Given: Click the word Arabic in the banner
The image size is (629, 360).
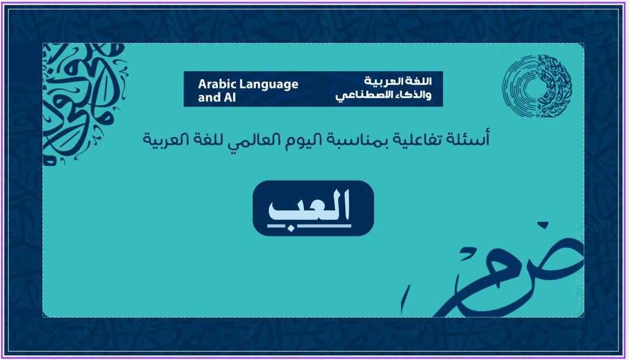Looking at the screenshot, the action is pyautogui.click(x=216, y=84).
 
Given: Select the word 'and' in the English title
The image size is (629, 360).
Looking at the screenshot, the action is pyautogui.click(x=209, y=97).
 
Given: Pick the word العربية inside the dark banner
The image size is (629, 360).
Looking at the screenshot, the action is pyautogui.click(x=383, y=81).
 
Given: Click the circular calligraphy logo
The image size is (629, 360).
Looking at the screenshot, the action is pyautogui.click(x=538, y=86).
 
